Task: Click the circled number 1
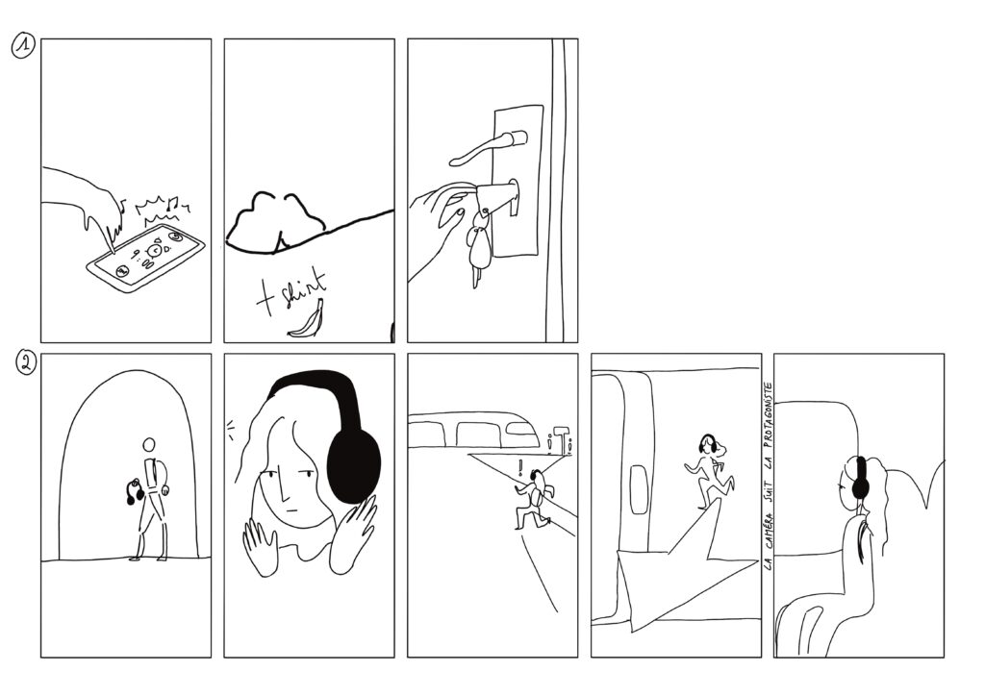pyautogui.click(x=23, y=46)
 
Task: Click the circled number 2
pyautogui.click(x=26, y=364)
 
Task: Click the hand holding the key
pyautogui.click(x=438, y=233)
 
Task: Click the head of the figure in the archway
pyautogui.click(x=149, y=445)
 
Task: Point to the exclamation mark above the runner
pyautogui.click(x=520, y=468)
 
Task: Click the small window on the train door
pyautogui.click(x=638, y=489)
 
